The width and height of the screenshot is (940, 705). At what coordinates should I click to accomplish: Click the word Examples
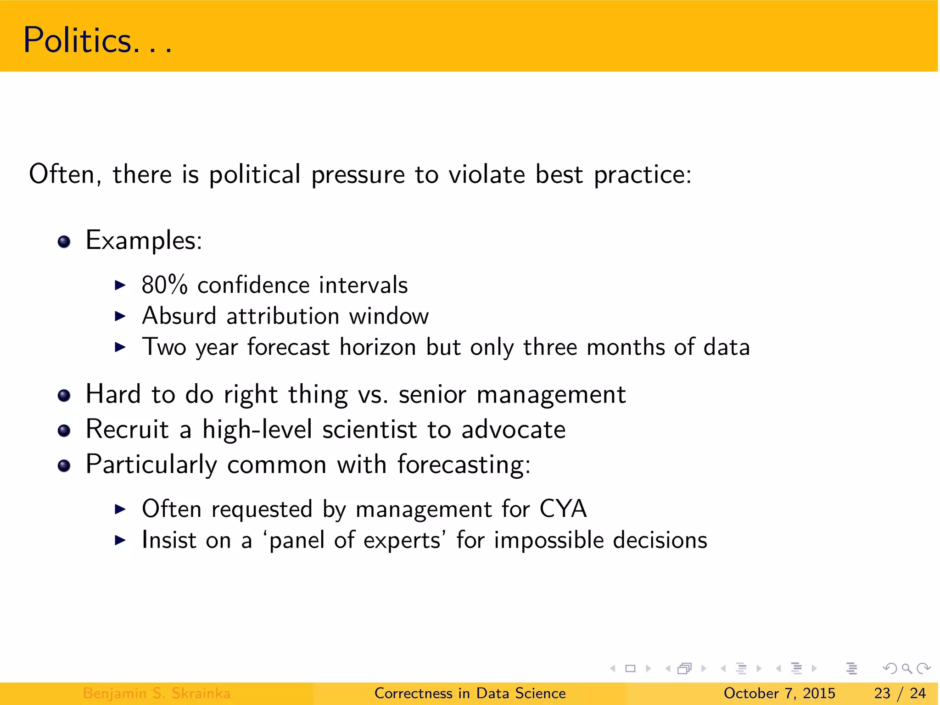pos(143,241)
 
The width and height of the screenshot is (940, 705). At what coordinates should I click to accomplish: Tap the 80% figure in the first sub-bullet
pos(164,285)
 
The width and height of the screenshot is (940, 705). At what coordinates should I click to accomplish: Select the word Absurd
pos(179,316)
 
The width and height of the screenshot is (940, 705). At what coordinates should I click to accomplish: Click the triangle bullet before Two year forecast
pos(120,347)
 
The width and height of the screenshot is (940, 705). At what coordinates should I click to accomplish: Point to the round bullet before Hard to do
pos(64,395)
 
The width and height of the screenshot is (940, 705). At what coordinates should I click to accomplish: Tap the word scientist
pos(369,430)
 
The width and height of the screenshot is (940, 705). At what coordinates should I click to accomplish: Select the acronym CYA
pos(563,509)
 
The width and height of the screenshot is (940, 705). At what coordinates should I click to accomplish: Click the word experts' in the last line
pos(402,540)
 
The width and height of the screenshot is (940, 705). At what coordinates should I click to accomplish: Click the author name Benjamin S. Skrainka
pos(157,693)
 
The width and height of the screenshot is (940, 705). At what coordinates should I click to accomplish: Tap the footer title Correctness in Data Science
pos(470,693)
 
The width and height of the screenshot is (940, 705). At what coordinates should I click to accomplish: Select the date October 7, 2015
pos(779,693)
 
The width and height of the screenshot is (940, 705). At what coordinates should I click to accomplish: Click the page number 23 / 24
pos(900,693)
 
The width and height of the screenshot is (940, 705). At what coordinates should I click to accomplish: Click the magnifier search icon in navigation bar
pos(906,668)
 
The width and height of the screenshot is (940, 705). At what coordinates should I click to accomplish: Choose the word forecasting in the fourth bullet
pos(464,465)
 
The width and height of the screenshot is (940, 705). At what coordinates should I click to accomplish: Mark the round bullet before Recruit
pos(64,431)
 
